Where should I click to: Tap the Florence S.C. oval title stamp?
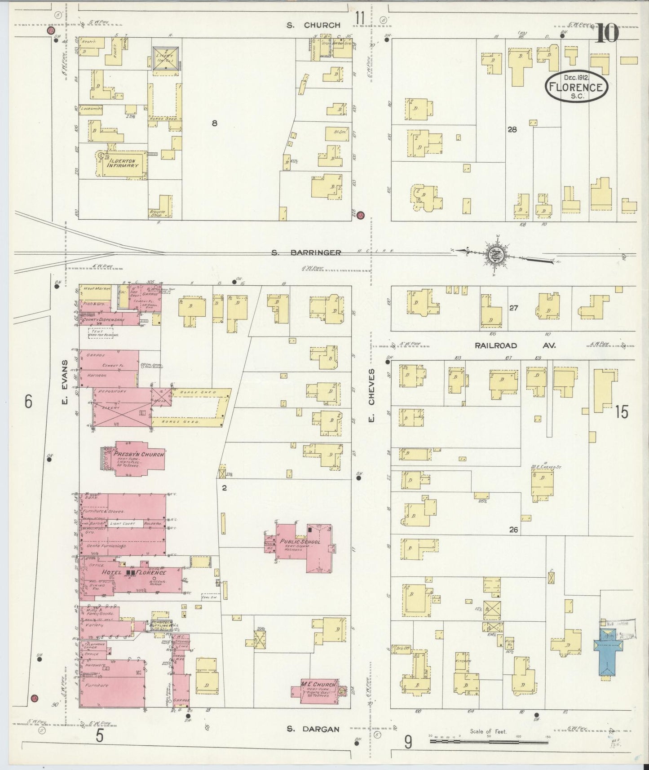[577, 86]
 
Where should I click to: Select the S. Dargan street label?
[313, 729]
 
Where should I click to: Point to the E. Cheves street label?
[371, 396]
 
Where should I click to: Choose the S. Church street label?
[313, 25]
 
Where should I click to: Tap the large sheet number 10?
[607, 33]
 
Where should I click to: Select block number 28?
[512, 130]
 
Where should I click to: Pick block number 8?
[215, 123]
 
